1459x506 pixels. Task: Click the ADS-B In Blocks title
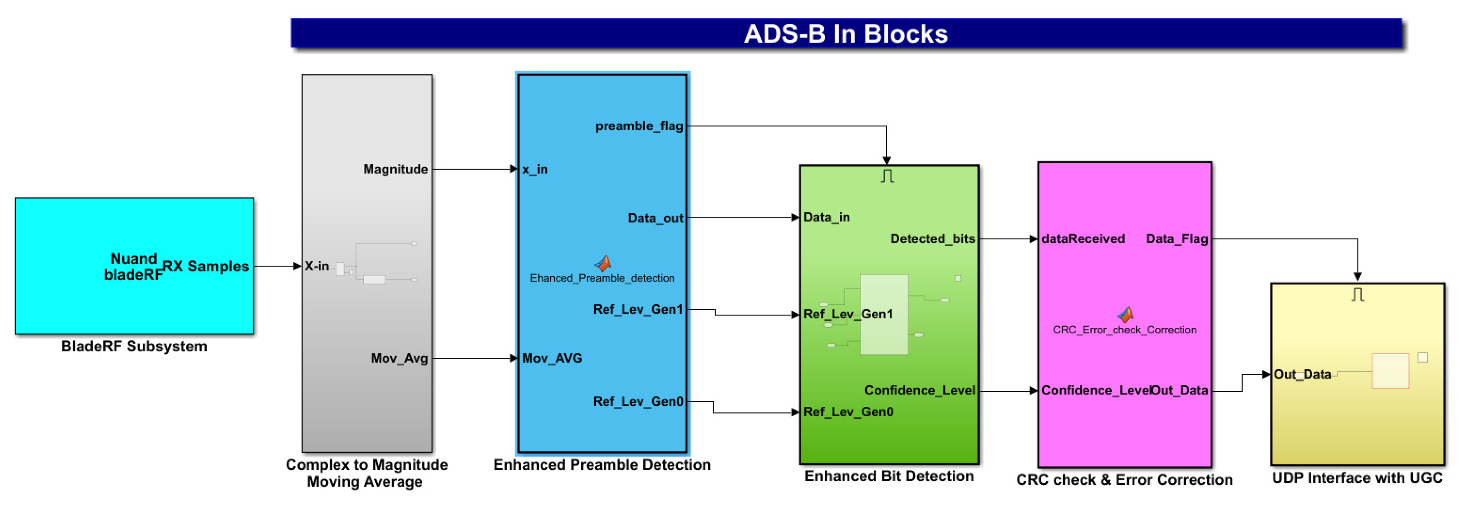pyautogui.click(x=846, y=34)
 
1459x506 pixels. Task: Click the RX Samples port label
pyautogui.click(x=206, y=266)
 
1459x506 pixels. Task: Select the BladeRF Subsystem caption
pyautogui.click(x=134, y=346)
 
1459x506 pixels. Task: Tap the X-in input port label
pyautogui.click(x=317, y=266)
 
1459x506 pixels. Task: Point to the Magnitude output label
pyautogui.click(x=395, y=170)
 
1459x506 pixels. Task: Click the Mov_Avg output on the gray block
pyautogui.click(x=399, y=358)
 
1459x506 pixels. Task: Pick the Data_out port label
pyautogui.click(x=655, y=218)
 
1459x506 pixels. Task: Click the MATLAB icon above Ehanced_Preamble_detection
pyautogui.click(x=603, y=263)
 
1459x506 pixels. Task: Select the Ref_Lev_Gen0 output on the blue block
pyautogui.click(x=638, y=402)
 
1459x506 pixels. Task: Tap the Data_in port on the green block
pyautogui.click(x=827, y=217)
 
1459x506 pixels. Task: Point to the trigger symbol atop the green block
pyautogui.click(x=887, y=177)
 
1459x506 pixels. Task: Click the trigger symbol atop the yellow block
pyautogui.click(x=1357, y=295)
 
